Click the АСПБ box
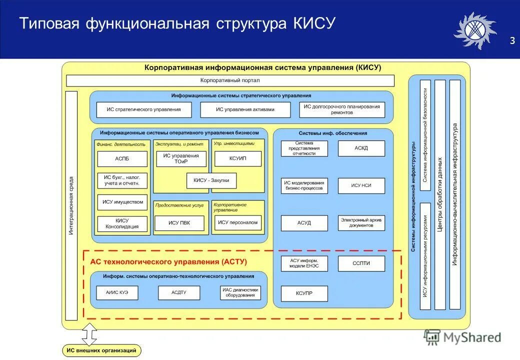(x=122, y=159)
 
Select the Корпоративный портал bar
(x=230, y=80)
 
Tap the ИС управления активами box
(x=245, y=109)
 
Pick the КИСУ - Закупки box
(x=211, y=180)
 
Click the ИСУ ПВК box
(x=179, y=223)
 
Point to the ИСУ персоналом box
(x=238, y=223)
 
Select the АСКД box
(x=361, y=148)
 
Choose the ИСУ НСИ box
(x=361, y=185)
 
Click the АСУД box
(x=304, y=223)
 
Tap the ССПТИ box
(x=361, y=263)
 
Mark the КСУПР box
(x=304, y=293)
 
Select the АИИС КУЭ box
(x=117, y=292)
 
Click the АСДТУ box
(x=178, y=292)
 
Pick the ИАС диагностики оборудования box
(x=240, y=292)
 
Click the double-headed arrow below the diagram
(x=89, y=333)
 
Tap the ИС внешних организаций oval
(x=101, y=351)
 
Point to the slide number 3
(x=511, y=40)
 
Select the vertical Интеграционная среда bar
(x=71, y=205)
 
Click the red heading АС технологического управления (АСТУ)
(x=168, y=261)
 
